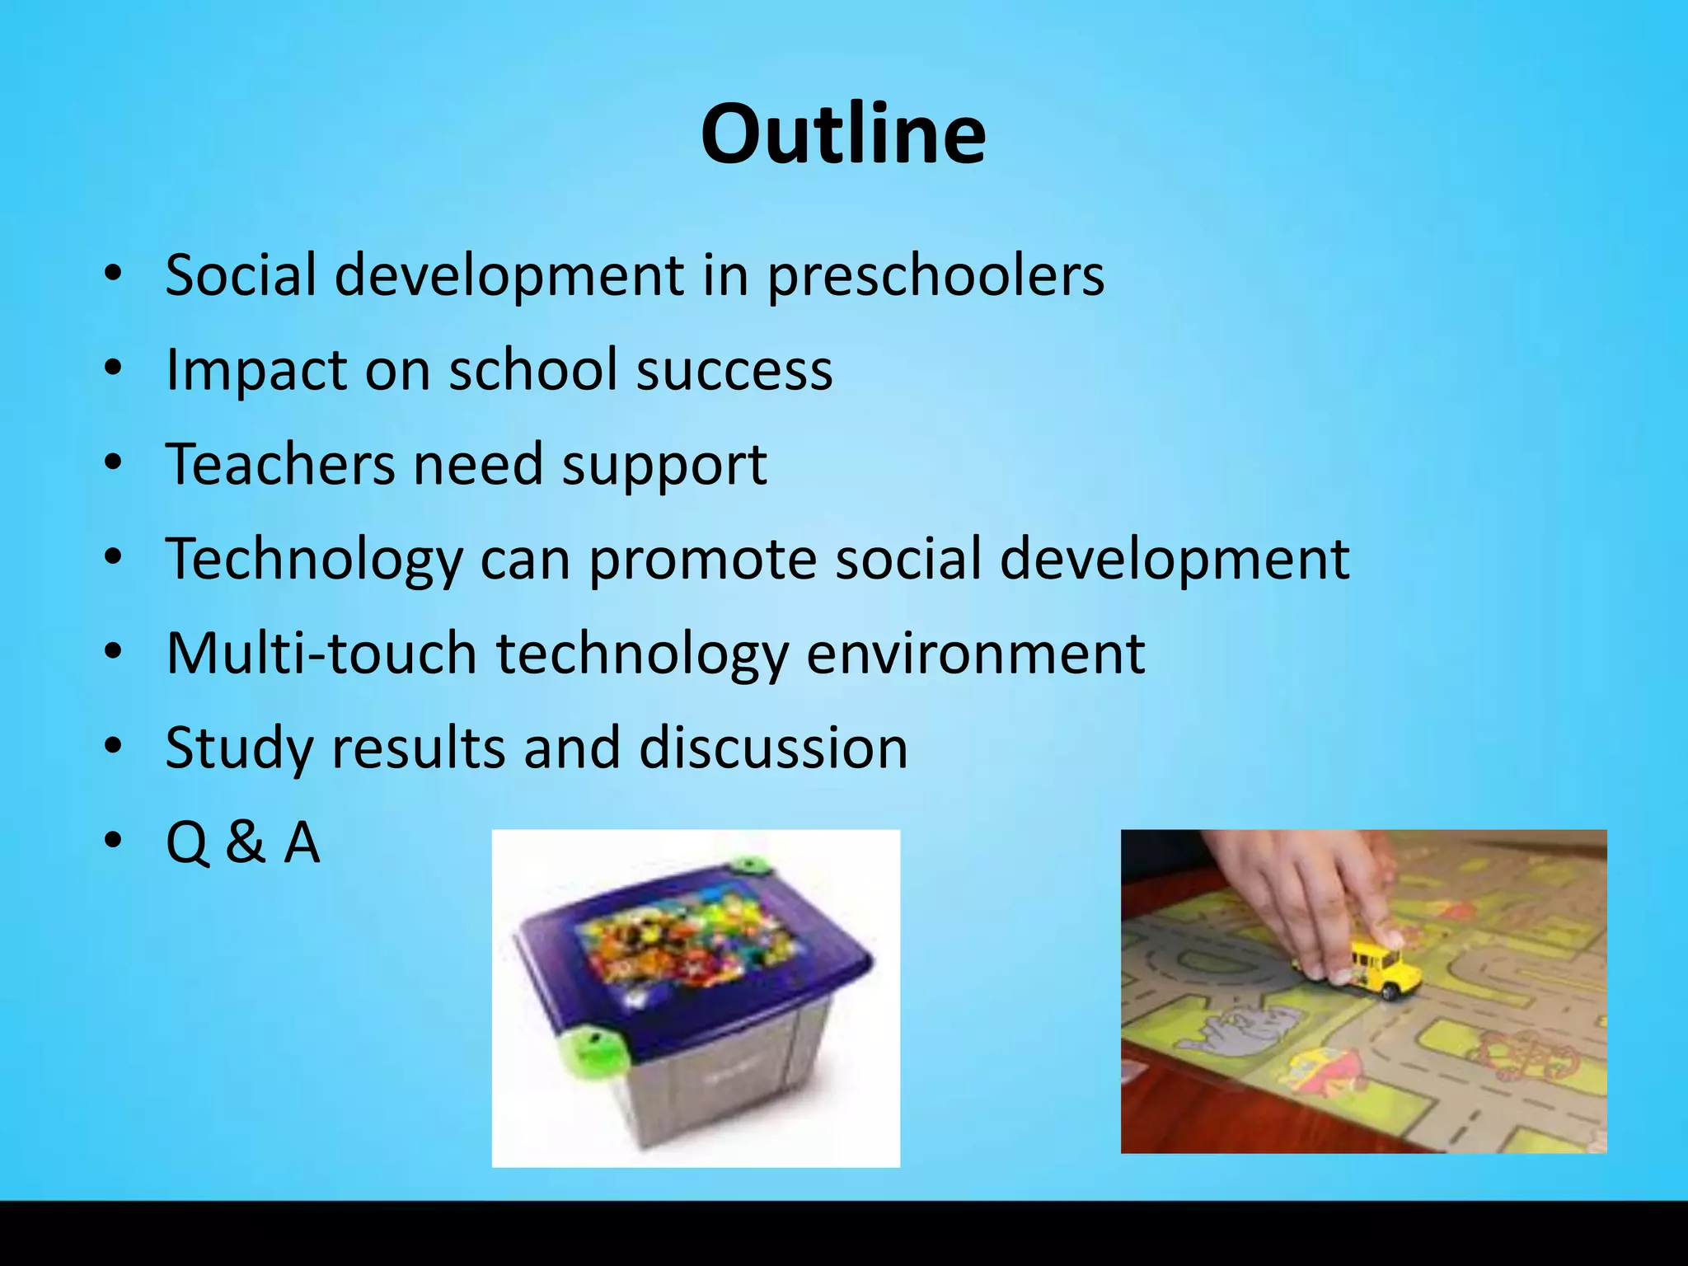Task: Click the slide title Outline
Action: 843,134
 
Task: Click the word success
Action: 734,370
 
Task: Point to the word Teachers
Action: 280,464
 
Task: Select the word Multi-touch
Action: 321,654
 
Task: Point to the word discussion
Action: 773,748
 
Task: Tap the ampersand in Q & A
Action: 246,842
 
